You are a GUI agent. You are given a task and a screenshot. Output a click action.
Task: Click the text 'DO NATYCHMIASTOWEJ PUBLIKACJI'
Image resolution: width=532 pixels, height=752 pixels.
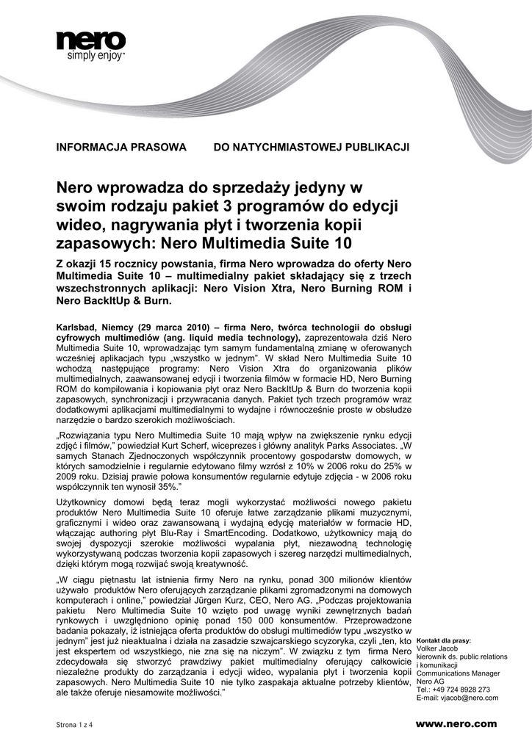tap(311, 147)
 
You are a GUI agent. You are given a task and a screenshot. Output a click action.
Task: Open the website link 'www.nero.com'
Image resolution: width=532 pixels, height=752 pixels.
tap(456, 724)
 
